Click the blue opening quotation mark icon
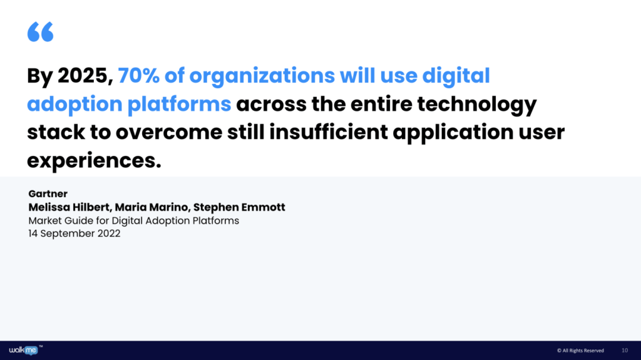[x=40, y=31]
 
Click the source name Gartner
[x=48, y=194]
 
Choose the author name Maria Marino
[x=149, y=207]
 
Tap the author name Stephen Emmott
[x=238, y=207]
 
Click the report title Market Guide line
[x=133, y=221]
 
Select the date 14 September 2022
[x=74, y=234]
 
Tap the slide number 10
[x=625, y=350]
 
